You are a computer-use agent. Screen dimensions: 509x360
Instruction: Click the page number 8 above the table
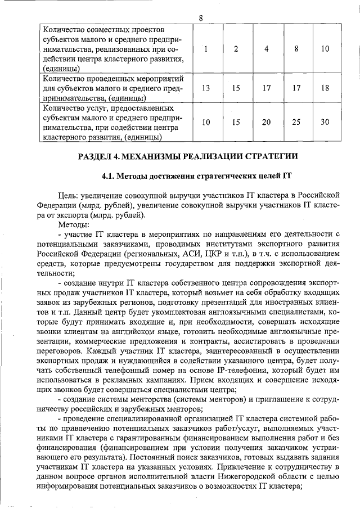coord(201,17)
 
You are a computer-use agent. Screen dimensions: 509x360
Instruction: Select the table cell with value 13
coord(206,88)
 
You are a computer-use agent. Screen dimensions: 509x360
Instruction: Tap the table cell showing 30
coord(325,122)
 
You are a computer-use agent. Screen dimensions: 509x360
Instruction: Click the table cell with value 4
coord(266,48)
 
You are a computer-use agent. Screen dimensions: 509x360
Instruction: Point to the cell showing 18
coord(325,88)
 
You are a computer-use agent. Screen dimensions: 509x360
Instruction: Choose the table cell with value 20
coord(266,122)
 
